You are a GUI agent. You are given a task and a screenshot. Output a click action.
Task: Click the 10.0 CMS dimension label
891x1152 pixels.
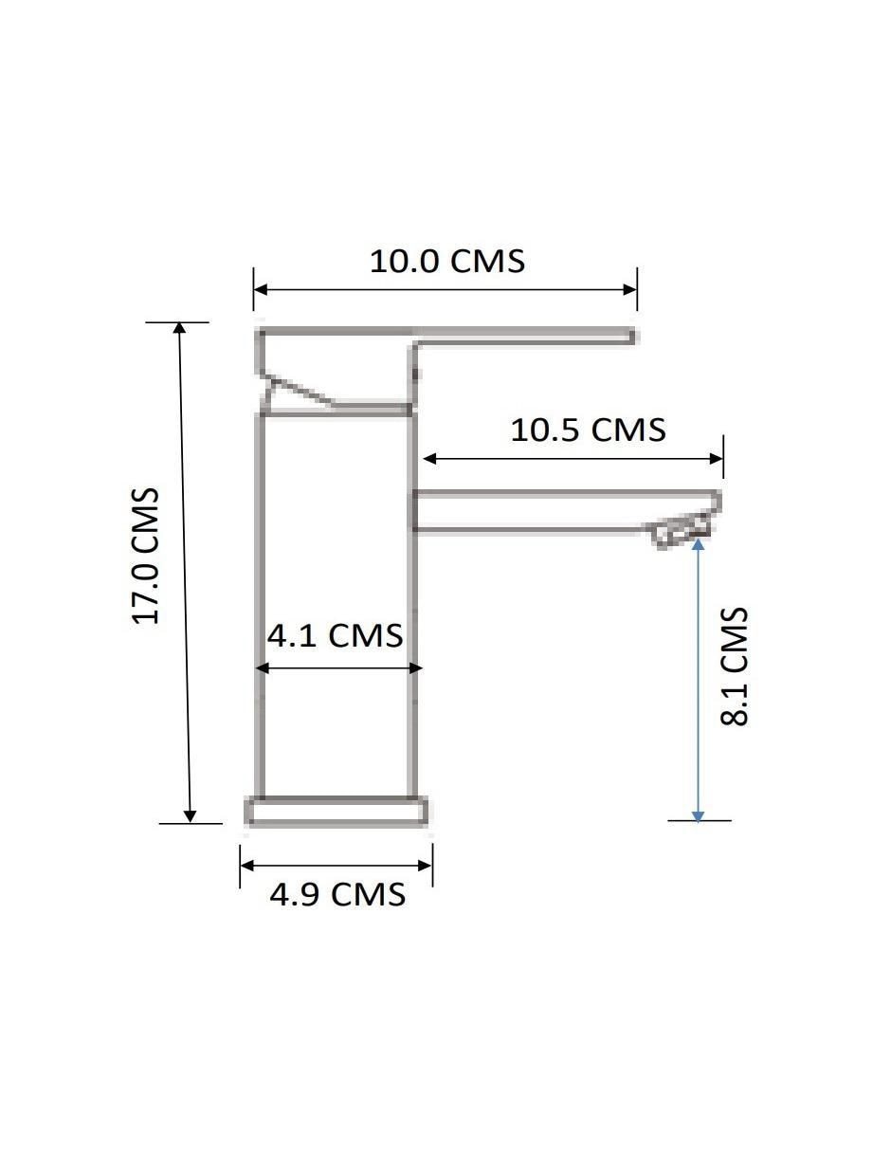point(447,261)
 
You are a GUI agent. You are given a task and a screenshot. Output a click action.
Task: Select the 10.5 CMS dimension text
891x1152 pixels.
point(588,430)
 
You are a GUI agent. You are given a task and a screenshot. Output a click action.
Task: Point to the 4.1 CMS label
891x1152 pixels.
point(335,635)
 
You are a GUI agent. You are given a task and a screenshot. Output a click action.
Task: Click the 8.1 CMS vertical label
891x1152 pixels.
point(735,667)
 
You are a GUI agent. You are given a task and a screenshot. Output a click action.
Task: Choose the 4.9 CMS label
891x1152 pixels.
point(337,894)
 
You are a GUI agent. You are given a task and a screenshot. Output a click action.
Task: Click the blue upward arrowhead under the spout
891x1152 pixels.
point(698,544)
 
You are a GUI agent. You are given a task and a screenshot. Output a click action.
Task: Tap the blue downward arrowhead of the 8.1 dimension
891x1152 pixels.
point(699,815)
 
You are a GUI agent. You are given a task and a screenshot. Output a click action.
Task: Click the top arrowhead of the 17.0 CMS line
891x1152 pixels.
point(180,328)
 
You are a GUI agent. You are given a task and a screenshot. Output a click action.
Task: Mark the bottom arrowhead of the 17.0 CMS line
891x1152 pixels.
point(191,816)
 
